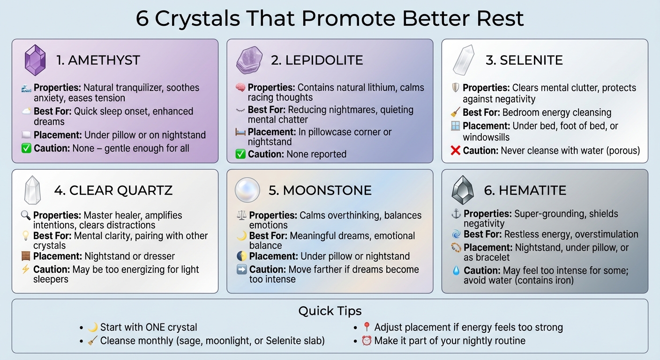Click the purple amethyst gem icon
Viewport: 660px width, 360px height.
(35, 60)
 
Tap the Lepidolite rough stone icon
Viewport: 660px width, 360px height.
(250, 60)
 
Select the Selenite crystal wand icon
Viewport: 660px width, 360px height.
(464, 60)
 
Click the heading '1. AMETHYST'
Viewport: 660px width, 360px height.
(98, 60)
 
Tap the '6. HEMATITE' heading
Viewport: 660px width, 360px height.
(525, 190)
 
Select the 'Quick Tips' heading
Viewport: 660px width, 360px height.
(330, 311)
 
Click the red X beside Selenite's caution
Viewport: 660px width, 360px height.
(455, 150)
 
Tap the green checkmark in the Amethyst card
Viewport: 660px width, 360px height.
(26, 149)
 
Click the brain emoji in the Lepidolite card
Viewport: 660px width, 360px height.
(240, 88)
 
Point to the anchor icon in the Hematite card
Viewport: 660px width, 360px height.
(456, 214)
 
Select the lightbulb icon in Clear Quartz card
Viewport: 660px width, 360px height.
(26, 236)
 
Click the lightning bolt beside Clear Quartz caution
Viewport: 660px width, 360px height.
(26, 270)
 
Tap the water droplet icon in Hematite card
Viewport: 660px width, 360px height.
(456, 270)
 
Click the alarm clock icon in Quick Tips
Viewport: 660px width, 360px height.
(367, 341)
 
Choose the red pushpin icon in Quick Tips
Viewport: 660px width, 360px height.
(367, 327)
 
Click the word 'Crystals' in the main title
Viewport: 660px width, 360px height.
(199, 18)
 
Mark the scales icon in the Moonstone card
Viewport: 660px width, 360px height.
(241, 216)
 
